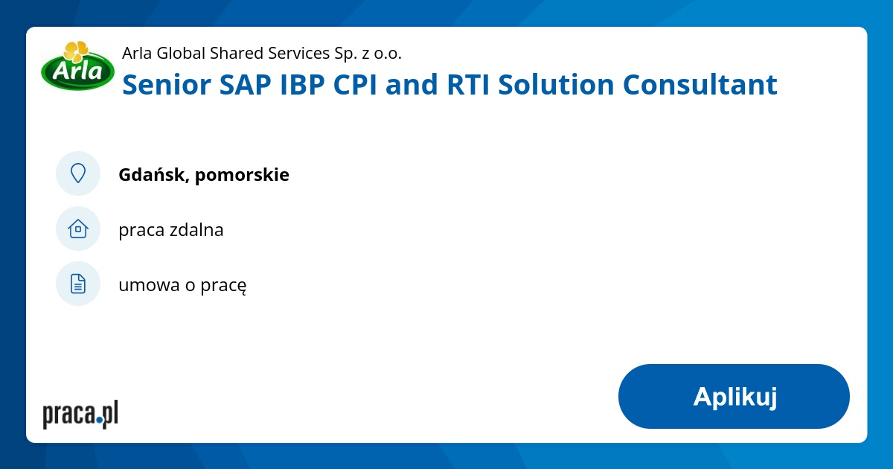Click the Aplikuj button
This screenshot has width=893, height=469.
point(734,396)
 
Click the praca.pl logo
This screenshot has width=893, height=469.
point(80,414)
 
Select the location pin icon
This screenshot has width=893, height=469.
point(78,173)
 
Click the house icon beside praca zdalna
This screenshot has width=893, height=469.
point(78,229)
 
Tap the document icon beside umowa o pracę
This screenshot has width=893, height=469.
point(78,284)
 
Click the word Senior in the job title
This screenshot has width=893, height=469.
point(166,85)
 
